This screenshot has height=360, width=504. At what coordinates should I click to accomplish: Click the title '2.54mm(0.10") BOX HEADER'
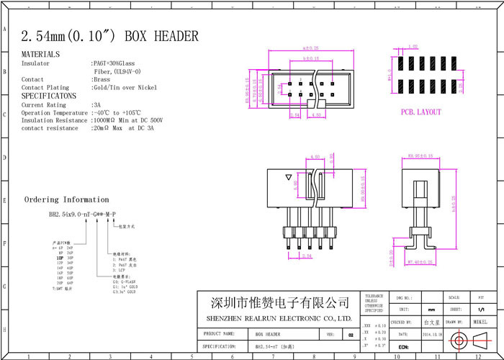tap(110, 36)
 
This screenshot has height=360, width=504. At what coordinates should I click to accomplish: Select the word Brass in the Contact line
tap(101, 79)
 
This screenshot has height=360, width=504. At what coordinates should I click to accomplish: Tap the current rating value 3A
tap(97, 105)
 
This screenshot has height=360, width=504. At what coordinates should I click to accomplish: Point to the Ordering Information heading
tap(67, 199)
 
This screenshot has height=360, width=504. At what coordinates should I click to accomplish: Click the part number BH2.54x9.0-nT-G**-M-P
tap(83, 215)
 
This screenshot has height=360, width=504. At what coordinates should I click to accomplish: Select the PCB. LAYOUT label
tap(421, 112)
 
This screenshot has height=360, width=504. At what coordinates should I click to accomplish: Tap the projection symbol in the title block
tap(467, 340)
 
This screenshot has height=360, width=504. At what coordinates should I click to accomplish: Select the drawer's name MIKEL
tap(480, 322)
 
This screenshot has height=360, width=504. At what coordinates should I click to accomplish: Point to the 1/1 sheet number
tap(480, 308)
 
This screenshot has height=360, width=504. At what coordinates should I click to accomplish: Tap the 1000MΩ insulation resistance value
tap(105, 120)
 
